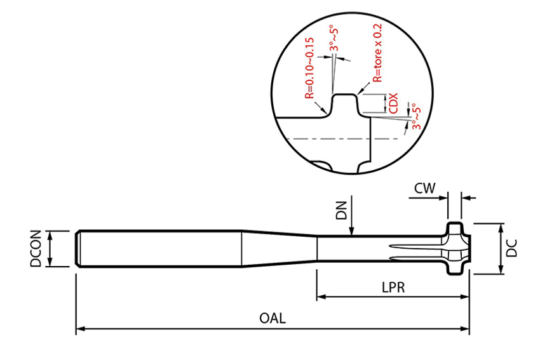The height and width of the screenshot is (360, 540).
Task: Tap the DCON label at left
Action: (x=36, y=248)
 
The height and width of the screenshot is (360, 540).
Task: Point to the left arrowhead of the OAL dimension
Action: (x=80, y=329)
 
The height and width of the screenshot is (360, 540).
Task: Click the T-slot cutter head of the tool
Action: (x=456, y=248)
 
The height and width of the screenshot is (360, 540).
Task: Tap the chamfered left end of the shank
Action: (x=78, y=248)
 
